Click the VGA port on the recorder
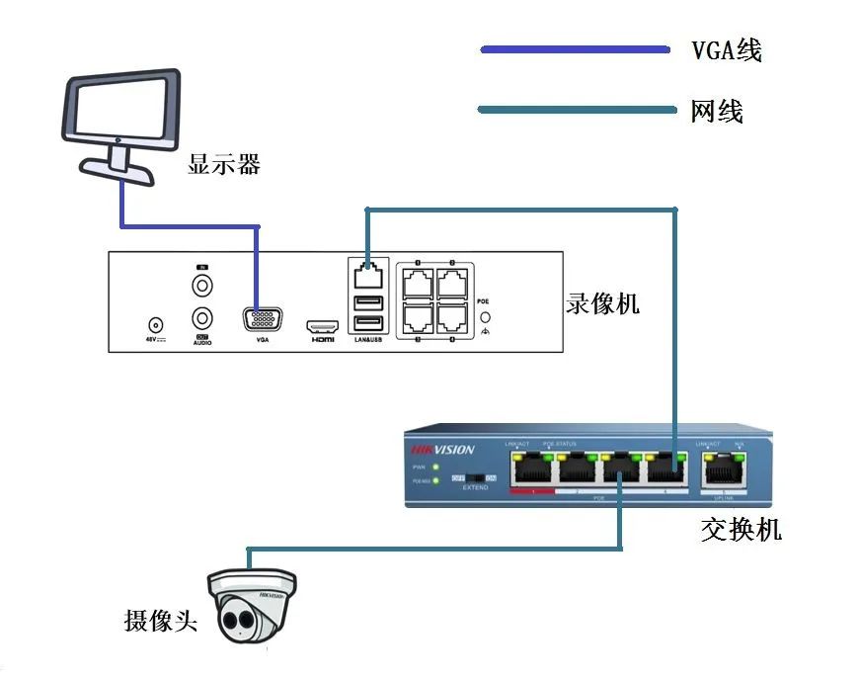pos(262,319)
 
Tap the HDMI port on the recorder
pos(322,325)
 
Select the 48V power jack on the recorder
pos(154,324)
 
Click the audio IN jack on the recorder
pos(202,287)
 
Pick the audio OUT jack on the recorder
pos(202,318)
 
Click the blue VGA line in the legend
pos(574,48)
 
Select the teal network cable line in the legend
pos(574,109)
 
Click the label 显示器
pos(224,164)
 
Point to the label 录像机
pos(602,302)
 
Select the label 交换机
pos(741,530)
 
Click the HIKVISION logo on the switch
pos(442,450)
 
